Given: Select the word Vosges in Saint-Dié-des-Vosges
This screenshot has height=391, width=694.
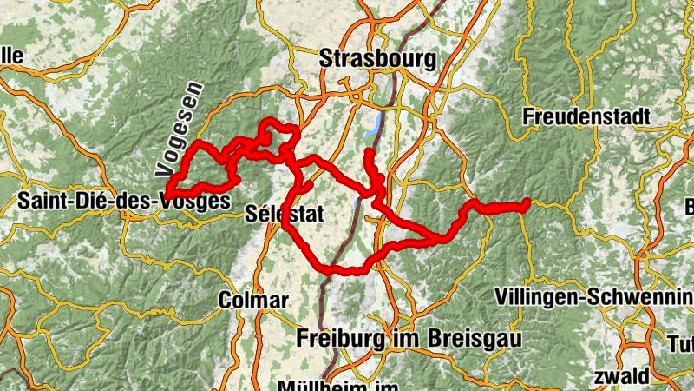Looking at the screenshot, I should point(203,202).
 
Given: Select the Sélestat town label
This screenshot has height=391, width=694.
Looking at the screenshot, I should point(277,213).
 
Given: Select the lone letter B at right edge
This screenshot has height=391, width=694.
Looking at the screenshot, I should point(689,208).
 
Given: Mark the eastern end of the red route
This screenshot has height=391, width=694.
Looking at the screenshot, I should point(527,203).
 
